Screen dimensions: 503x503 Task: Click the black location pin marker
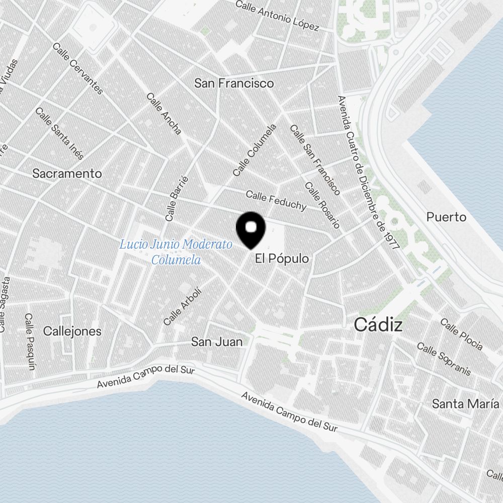pos(250,229)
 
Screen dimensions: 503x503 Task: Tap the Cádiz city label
pos(378,325)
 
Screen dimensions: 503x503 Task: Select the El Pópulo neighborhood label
pos(282,259)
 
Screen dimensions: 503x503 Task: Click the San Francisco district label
pos(234,83)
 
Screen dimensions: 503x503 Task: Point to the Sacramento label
pos(67,174)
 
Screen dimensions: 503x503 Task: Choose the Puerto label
pos(446,217)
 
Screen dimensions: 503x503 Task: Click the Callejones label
pos(72,331)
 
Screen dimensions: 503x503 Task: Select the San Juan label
pos(217,342)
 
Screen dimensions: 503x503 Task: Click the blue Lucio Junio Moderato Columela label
pos(176,252)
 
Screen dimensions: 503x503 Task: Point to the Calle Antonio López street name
pos(277,15)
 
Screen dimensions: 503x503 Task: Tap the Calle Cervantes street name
pos(78,68)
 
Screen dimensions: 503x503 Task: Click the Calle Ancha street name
pos(164,113)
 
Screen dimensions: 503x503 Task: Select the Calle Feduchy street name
pos(276,200)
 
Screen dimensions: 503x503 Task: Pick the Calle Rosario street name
pos(322,205)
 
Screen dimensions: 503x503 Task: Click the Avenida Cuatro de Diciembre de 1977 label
pos(368,173)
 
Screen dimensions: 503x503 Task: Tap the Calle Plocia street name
pos(461,333)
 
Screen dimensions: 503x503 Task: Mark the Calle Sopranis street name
pos(444,359)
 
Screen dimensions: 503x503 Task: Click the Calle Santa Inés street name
pos(59,133)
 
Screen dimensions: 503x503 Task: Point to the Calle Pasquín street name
pos(30,342)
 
